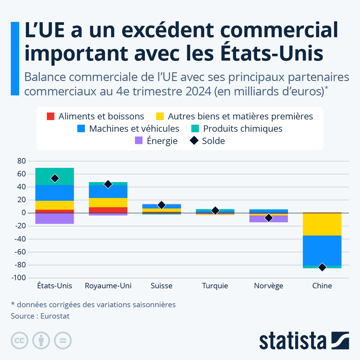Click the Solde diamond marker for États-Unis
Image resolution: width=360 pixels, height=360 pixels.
pyautogui.click(x=55, y=178)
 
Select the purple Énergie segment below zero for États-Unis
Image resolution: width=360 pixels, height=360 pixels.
pyautogui.click(x=55, y=218)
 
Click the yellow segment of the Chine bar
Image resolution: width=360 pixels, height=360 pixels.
pyautogui.click(x=322, y=224)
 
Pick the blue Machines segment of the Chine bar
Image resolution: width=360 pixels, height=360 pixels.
pyautogui.click(x=322, y=250)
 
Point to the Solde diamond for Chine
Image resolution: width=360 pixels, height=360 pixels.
pyautogui.click(x=322, y=267)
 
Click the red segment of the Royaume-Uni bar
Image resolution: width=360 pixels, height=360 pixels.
pyautogui.click(x=108, y=210)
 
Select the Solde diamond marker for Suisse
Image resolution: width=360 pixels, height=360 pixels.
pyautogui.click(x=162, y=205)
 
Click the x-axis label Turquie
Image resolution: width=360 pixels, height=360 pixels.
pyautogui.click(x=215, y=286)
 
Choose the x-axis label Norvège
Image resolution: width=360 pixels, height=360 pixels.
pyautogui.click(x=268, y=286)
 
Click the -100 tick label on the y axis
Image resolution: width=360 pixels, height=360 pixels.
pyautogui.click(x=19, y=278)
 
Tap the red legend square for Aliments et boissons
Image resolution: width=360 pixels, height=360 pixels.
pyautogui.click(x=51, y=116)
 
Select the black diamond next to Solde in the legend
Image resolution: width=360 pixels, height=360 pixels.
pyautogui.click(x=194, y=141)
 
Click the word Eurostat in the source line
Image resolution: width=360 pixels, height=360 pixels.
pyautogui.click(x=55, y=316)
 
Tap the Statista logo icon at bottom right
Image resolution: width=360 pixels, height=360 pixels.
pyautogui.click(x=340, y=340)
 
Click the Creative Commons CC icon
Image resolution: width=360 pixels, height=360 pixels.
pyautogui.click(x=19, y=340)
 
